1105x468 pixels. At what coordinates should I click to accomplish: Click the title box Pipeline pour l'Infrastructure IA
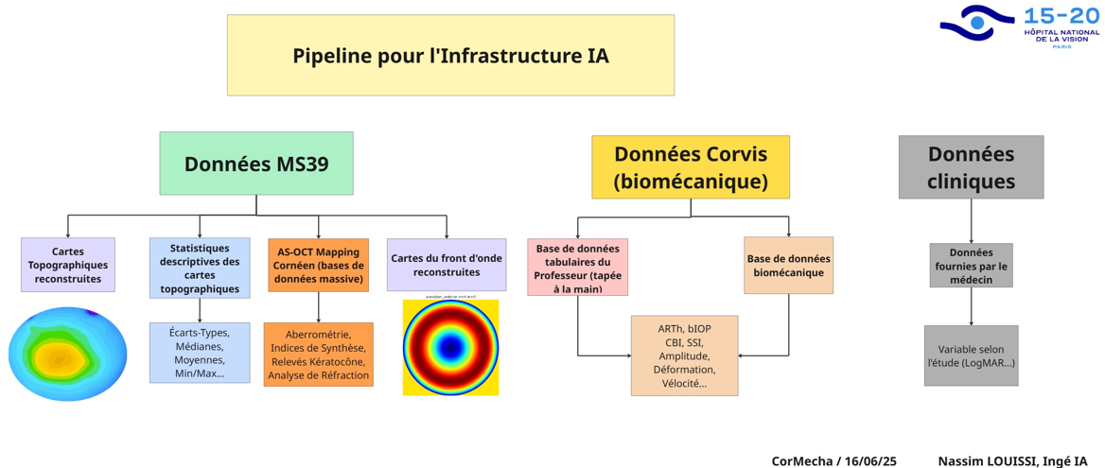(x=450, y=55)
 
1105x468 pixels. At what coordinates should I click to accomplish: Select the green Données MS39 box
(x=256, y=164)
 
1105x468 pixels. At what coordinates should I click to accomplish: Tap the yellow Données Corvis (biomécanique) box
(x=691, y=167)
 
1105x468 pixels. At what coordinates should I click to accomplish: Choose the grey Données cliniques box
(x=971, y=167)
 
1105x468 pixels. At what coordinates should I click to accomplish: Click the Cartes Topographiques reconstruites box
(x=68, y=265)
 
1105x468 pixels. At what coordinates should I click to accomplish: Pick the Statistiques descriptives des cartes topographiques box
(x=200, y=269)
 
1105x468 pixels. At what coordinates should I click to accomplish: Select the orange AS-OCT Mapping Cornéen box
(x=318, y=266)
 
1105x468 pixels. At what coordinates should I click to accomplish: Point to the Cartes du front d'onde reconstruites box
(x=447, y=265)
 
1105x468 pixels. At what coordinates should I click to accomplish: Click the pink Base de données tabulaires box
(x=577, y=268)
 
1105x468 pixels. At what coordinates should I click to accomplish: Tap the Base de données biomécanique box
(x=788, y=266)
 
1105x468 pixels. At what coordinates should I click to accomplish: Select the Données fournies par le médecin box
(x=971, y=266)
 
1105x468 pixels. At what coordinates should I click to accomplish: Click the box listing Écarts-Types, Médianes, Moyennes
(x=200, y=353)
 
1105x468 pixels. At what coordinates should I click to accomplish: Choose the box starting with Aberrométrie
(x=318, y=355)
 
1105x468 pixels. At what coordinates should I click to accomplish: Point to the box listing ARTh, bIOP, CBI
(x=684, y=355)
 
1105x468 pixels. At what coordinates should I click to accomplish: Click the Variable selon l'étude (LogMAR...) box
(x=971, y=355)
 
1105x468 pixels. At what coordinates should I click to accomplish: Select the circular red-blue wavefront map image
(x=450, y=347)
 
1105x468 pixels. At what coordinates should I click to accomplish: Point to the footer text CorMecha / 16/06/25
(x=833, y=460)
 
